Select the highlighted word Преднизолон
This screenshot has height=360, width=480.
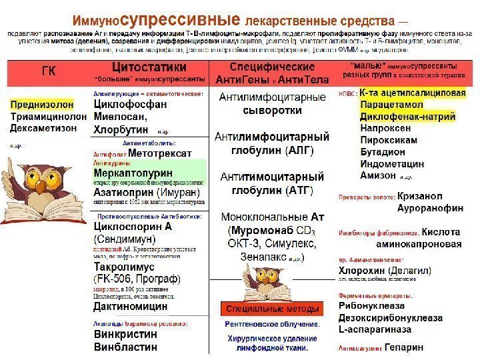pos(41,105)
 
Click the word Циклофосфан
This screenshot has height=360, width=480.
pos(130,105)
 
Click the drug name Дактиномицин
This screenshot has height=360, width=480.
pos(131,307)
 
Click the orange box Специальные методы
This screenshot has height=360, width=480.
pos(271,310)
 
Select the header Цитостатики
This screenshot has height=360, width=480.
pos(149,67)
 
